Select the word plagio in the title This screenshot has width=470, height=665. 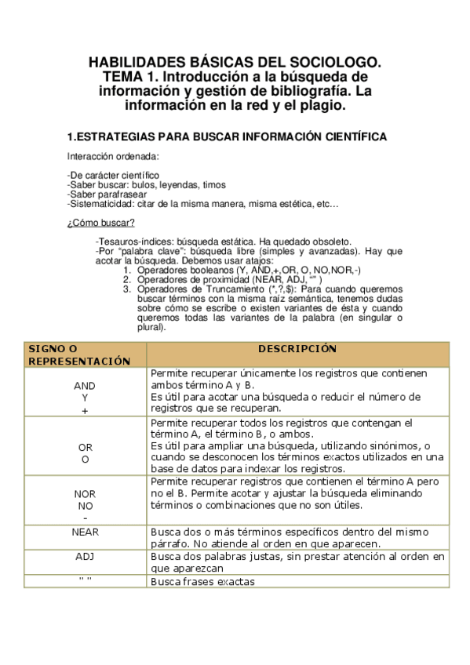(x=323, y=104)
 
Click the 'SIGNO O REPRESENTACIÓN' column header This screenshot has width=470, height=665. (x=78, y=354)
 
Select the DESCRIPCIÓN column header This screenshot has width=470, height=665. (x=297, y=349)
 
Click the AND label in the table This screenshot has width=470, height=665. (x=84, y=387)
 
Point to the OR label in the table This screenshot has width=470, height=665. (x=85, y=447)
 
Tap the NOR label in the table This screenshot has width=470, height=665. (x=85, y=496)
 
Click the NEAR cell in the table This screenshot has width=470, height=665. (x=85, y=531)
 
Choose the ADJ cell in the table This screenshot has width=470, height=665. (x=85, y=556)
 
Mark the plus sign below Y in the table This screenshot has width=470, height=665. (x=85, y=410)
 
